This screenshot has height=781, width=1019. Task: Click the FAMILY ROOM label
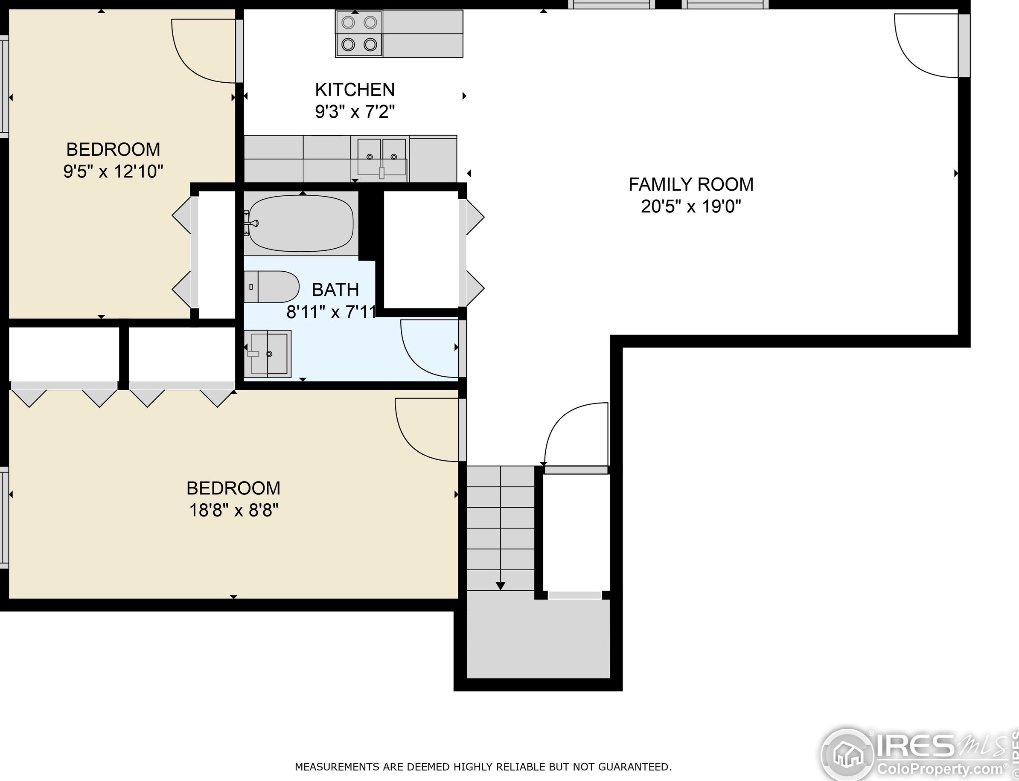tap(691, 185)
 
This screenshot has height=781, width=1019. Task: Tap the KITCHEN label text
tap(355, 89)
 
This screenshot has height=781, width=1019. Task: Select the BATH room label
tap(335, 290)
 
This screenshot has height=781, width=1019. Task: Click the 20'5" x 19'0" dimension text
tap(691, 206)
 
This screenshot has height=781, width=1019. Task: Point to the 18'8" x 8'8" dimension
tap(233, 511)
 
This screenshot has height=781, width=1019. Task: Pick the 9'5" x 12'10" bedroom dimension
tap(114, 171)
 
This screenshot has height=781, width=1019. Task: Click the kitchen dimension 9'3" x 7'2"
tap(355, 112)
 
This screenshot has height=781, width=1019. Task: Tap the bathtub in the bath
tap(301, 223)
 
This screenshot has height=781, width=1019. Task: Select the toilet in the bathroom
tap(272, 287)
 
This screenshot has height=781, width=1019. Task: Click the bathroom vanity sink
tap(268, 354)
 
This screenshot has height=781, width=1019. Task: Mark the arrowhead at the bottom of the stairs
tap(501, 586)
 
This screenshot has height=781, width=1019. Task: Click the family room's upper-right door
tap(926, 46)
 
